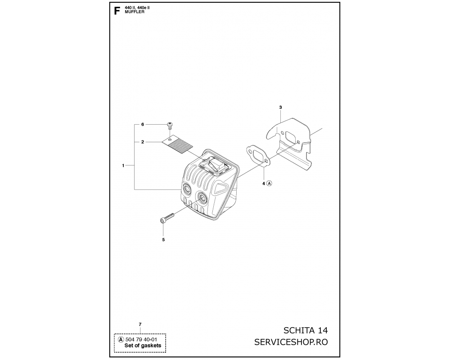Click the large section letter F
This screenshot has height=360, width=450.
pyautogui.click(x=117, y=11)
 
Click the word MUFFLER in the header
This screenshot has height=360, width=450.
pyautogui.click(x=135, y=12)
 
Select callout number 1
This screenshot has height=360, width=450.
pyautogui.click(x=123, y=166)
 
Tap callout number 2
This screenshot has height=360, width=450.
pyautogui.click(x=143, y=142)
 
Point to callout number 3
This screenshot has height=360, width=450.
pyautogui.click(x=280, y=108)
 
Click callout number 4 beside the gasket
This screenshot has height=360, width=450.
pyautogui.click(x=263, y=184)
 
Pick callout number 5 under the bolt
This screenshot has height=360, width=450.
pyautogui.click(x=163, y=240)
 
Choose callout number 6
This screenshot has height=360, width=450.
pyautogui.click(x=143, y=124)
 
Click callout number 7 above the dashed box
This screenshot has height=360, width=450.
pyautogui.click(x=140, y=324)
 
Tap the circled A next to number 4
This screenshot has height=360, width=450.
pyautogui.click(x=269, y=183)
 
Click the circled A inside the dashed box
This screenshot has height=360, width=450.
pyautogui.click(x=121, y=340)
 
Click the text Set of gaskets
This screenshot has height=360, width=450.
pyautogui.click(x=143, y=346)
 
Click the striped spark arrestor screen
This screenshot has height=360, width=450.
pyautogui.click(x=177, y=144)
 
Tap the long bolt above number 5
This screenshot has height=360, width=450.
pyautogui.click(x=167, y=217)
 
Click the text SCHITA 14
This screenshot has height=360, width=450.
pyautogui.click(x=306, y=330)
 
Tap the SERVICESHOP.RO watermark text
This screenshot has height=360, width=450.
pyautogui.click(x=291, y=342)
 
